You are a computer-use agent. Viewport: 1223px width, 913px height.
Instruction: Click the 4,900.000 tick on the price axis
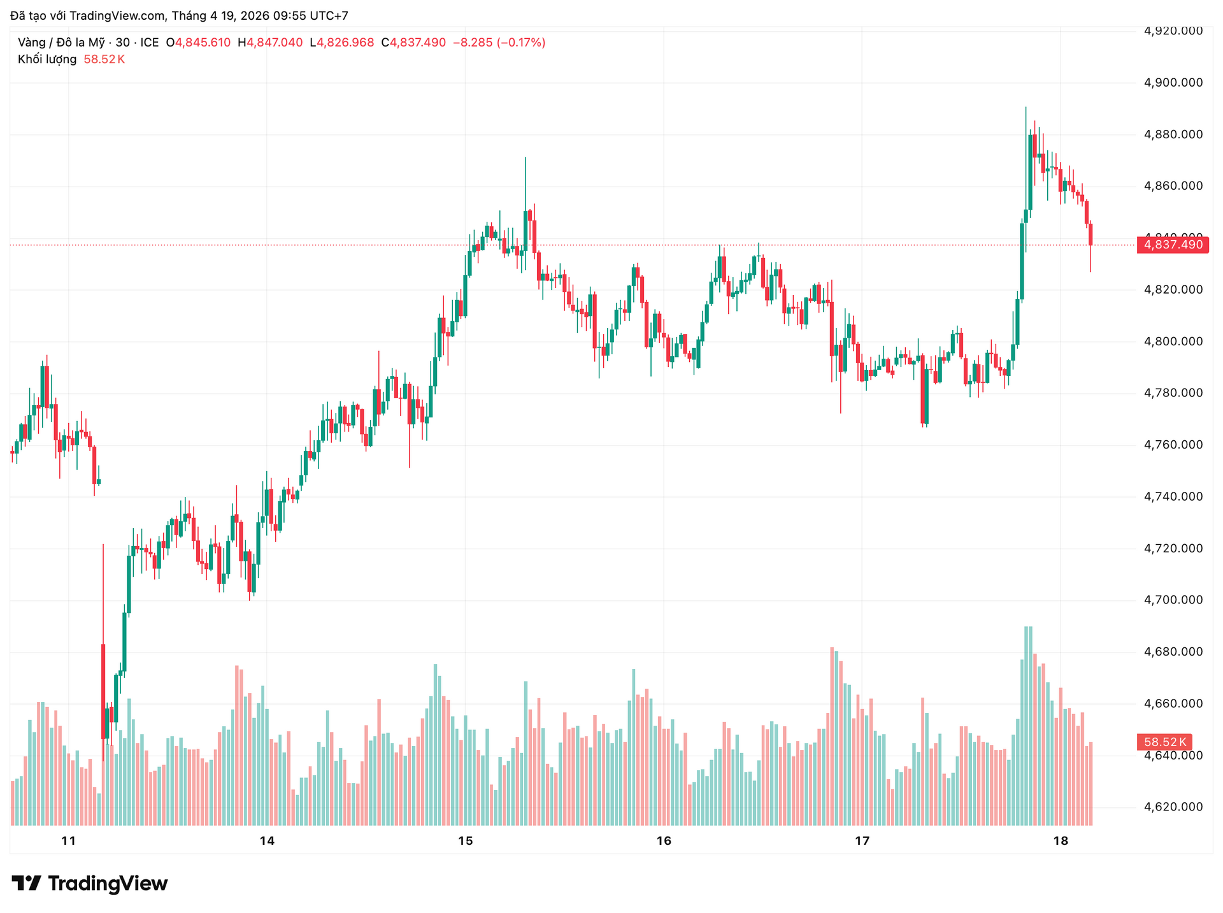[1173, 83]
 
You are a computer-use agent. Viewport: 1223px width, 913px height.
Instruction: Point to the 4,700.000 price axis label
[1173, 600]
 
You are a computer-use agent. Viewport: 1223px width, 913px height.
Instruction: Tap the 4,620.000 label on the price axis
[1173, 807]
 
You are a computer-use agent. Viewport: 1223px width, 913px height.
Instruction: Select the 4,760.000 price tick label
[1173, 445]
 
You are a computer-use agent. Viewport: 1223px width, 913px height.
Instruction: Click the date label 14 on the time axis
[267, 841]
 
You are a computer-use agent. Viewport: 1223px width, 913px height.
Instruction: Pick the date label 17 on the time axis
[862, 841]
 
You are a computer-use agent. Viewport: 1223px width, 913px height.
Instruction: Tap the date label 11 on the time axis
[68, 841]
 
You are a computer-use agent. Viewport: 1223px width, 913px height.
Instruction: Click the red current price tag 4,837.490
[1173, 245]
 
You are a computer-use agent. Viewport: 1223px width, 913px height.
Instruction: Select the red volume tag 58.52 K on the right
[1164, 742]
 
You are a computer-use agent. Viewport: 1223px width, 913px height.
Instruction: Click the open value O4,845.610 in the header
[198, 43]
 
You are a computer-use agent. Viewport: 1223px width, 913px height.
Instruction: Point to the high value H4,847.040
[270, 43]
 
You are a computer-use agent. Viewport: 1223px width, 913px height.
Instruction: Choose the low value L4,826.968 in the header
[342, 43]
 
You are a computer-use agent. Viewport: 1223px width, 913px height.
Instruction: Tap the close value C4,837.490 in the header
[413, 43]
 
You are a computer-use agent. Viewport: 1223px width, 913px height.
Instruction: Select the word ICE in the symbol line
[150, 43]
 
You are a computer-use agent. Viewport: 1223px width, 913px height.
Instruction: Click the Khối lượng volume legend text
[47, 59]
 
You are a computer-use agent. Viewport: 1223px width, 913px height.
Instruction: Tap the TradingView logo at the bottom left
[90, 884]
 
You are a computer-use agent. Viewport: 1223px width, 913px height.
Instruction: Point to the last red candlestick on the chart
[1091, 234]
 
